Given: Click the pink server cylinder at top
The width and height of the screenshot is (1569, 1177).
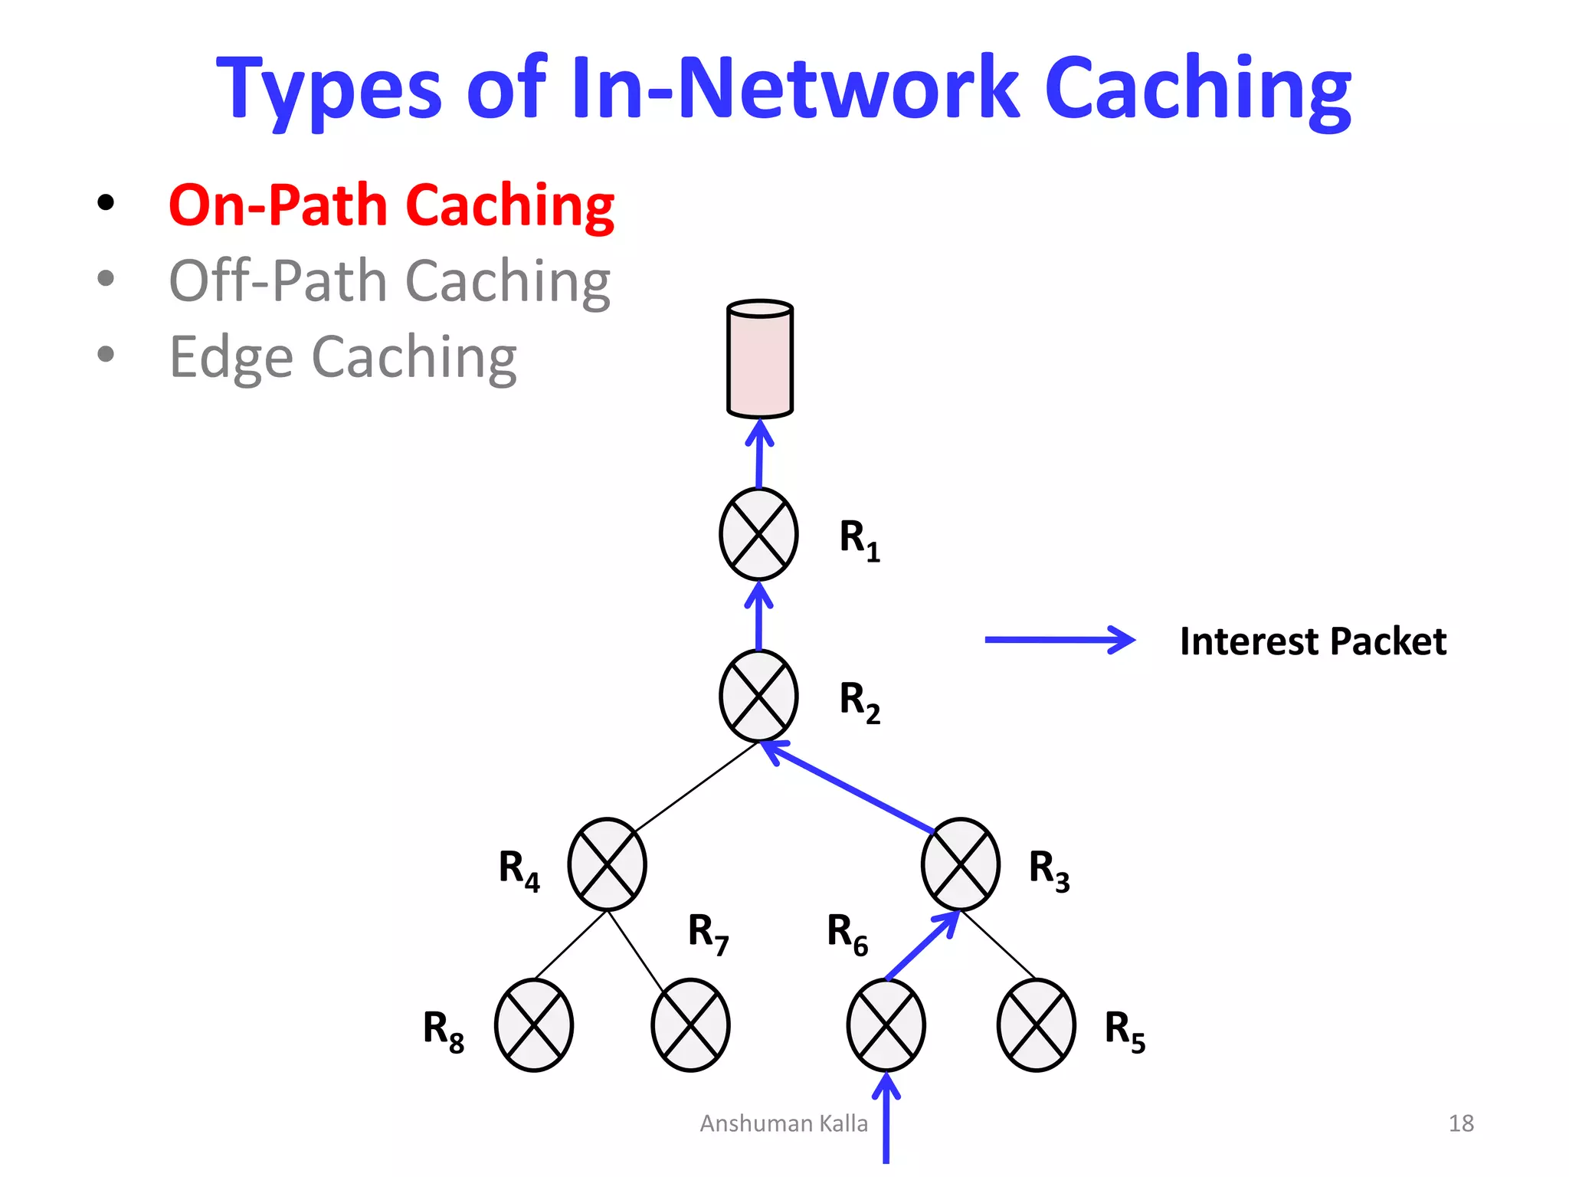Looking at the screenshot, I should click(759, 359).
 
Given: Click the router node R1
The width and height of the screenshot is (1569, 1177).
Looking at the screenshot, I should click(758, 534).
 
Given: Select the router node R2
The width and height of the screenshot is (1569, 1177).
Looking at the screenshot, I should click(758, 696).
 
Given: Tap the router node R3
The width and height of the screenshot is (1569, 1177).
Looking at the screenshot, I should click(960, 864).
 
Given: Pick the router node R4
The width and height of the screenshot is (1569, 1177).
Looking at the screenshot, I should click(607, 864).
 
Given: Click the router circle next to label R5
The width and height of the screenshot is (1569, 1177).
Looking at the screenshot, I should click(1036, 1025).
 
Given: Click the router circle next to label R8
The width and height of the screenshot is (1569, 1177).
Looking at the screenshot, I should click(534, 1025).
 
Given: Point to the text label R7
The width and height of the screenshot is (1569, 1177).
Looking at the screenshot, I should click(708, 933).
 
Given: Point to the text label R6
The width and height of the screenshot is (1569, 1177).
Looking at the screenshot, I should click(847, 933).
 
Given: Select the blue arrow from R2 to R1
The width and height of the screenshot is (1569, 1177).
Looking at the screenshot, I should click(758, 618).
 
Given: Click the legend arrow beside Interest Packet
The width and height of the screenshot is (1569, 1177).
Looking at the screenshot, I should click(1059, 640).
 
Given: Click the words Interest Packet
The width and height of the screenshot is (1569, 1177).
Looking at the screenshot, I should click(1312, 641).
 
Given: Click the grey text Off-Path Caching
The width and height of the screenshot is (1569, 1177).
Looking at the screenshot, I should click(389, 281).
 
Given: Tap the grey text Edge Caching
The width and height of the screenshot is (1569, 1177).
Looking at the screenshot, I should click(342, 357).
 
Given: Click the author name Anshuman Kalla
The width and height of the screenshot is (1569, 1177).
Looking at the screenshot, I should click(784, 1123).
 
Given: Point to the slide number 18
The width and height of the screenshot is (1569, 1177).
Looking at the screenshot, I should click(1461, 1123).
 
